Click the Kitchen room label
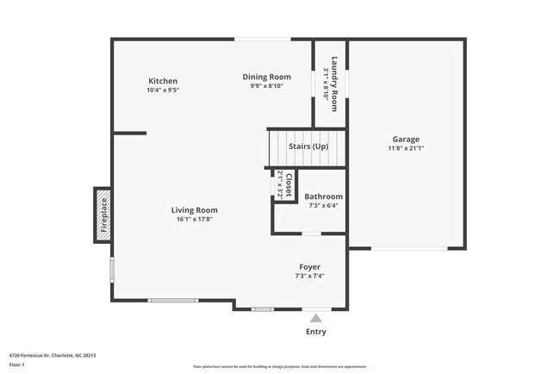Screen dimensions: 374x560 (162, 80)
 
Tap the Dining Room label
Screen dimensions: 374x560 (265, 77)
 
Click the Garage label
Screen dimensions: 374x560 (406, 139)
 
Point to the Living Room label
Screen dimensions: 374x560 (194, 209)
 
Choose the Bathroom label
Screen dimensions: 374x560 (323, 196)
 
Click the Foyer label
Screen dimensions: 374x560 (309, 267)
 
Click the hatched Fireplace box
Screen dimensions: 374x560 (103, 215)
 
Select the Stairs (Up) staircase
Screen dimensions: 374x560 (308, 147)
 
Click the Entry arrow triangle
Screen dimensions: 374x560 (316, 318)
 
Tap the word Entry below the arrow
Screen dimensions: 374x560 (316, 332)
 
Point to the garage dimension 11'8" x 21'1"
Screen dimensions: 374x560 (406, 148)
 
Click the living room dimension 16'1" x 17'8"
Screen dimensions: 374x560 (194, 219)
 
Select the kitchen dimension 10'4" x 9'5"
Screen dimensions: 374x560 (162, 90)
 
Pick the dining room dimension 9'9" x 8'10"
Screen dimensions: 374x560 (265, 86)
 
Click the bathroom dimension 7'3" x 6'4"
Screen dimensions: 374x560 (323, 205)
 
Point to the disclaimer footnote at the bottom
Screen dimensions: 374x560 (279, 367)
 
